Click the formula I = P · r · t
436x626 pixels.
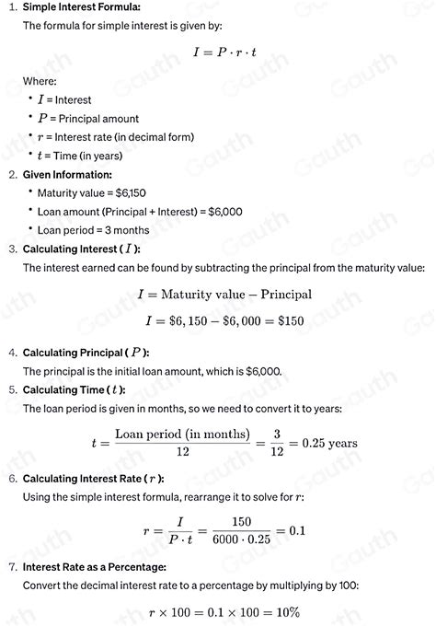pyautogui.click(x=218, y=52)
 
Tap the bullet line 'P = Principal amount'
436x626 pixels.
pyautogui.click(x=88, y=118)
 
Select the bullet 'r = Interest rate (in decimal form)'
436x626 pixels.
pyautogui.click(x=116, y=137)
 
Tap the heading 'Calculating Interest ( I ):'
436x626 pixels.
pyautogui.click(x=81, y=249)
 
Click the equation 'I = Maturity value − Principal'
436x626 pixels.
pyautogui.click(x=224, y=294)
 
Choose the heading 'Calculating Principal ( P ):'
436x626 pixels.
pyautogui.click(x=86, y=353)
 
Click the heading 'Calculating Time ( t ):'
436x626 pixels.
pyautogui.click(x=74, y=389)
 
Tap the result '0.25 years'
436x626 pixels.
pyautogui.click(x=329, y=443)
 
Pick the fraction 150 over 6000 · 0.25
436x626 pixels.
pyautogui.click(x=241, y=530)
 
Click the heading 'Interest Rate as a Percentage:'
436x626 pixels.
pyautogui.click(x=95, y=566)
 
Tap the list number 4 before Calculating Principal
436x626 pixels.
pyautogui.click(x=9, y=353)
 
